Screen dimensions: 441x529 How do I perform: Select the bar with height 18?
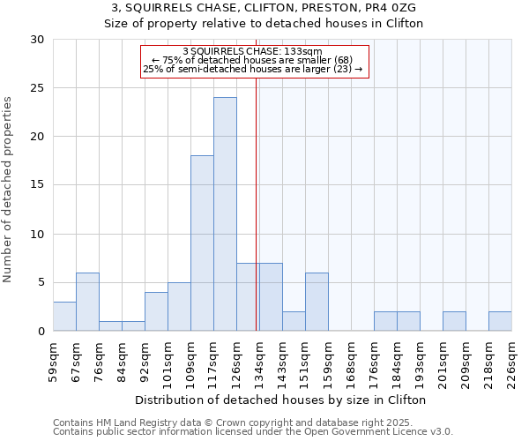pos(202,243)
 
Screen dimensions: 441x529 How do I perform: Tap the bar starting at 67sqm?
pos(87,302)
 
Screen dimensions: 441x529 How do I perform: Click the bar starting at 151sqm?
pos(317,302)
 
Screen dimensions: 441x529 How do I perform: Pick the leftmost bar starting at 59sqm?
pos(64,317)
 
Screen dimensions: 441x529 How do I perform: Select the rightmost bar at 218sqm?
pos(500,321)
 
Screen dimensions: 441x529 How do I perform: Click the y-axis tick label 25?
pos(37,88)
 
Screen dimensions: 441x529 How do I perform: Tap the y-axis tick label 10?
pos(37,235)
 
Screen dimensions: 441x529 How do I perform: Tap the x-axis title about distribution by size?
pos(282,400)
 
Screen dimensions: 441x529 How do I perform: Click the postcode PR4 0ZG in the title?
pos(390,7)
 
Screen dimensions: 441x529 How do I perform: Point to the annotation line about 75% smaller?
pos(253,60)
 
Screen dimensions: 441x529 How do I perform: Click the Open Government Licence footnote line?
pos(253,431)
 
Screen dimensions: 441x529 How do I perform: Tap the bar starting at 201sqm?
pos(454,321)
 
